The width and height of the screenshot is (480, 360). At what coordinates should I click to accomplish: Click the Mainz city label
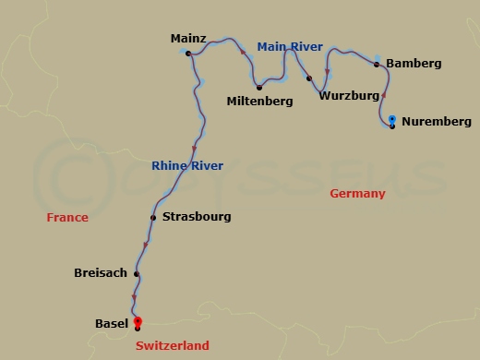188,39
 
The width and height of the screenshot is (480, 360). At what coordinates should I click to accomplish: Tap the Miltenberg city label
259,101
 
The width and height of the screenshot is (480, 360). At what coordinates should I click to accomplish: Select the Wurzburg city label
349,94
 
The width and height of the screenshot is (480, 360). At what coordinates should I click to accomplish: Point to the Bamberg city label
413,64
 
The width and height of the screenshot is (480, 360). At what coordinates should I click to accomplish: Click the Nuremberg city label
437,121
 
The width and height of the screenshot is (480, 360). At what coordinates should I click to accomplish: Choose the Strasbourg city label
196,217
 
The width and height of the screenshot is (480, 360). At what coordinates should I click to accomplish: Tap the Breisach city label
101,272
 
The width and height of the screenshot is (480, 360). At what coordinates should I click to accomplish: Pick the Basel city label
112,323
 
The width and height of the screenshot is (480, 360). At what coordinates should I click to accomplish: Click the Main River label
290,46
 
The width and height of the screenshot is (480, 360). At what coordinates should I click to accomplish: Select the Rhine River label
187,166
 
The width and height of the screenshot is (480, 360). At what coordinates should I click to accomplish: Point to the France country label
68,218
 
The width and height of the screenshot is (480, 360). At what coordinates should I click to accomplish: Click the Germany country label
357,194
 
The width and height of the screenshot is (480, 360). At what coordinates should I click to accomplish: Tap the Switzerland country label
172,346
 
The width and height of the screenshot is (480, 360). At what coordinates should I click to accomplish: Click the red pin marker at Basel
138,320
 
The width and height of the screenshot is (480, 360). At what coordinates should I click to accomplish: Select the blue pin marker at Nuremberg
393,120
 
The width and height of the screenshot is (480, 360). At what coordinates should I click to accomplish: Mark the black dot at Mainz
187,54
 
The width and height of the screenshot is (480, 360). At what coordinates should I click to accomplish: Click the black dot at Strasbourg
153,218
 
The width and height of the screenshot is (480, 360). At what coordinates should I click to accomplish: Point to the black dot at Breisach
137,273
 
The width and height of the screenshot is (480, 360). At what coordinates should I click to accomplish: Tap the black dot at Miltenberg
259,88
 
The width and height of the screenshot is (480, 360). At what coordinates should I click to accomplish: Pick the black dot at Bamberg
377,65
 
